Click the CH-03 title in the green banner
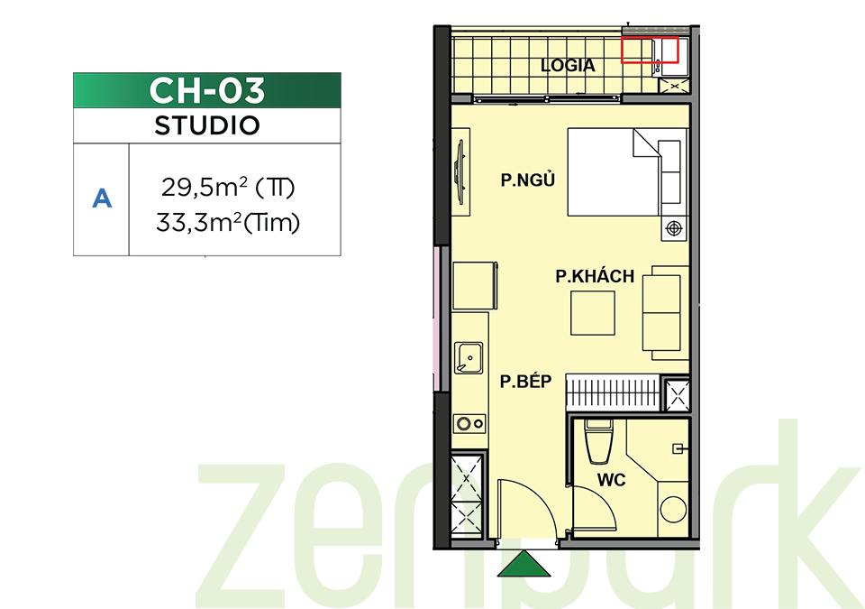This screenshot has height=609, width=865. pos(207,90)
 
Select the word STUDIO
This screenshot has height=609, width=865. pos(207,126)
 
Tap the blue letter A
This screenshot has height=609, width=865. pos(102,198)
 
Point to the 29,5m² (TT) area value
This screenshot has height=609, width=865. pos(228,188)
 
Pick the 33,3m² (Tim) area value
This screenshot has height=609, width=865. pos(228,223)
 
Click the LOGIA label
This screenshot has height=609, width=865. pos(568,66)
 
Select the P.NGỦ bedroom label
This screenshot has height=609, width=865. pos(527,180)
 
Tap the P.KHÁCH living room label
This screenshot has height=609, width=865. pos(595,276)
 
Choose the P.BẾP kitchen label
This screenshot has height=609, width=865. pos(525,381)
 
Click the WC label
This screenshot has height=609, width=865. pos(611,480)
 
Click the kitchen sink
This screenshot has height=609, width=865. pos(469,357)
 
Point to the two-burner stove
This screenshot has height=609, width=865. pos(469,424)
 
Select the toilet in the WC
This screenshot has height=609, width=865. pos(598,442)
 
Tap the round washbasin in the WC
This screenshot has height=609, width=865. pos(673,509)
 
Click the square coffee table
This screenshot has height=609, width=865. pos(593,313)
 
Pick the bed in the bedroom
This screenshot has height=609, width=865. pos(614,171)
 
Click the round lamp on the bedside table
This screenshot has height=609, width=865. pos(674,227)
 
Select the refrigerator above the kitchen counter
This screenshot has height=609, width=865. pos(475,286)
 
